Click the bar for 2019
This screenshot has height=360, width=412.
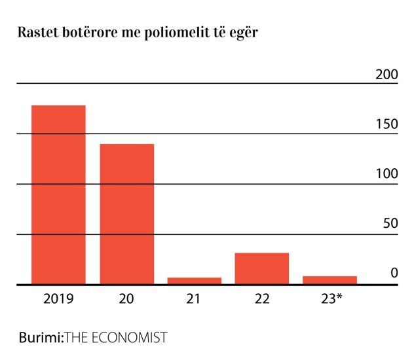pyautogui.click(x=58, y=194)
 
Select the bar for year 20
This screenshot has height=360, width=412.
pyautogui.click(x=126, y=213)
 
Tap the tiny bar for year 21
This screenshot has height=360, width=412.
pyautogui.click(x=194, y=281)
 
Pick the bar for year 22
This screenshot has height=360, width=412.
pyautogui.click(x=261, y=268)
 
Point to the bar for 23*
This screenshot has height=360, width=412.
pyautogui.click(x=329, y=280)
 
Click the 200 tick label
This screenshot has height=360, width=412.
pyautogui.click(x=386, y=74)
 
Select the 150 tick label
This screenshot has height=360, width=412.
pyautogui.click(x=386, y=124)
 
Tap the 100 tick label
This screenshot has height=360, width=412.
pyautogui.click(x=386, y=174)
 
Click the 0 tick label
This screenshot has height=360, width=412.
pyautogui.click(x=394, y=272)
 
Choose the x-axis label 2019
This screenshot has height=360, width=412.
pyautogui.click(x=58, y=300)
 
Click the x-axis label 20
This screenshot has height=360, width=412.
pyautogui.click(x=126, y=300)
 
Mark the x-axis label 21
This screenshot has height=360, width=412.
pyautogui.click(x=194, y=300)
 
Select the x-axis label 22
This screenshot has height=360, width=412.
pyautogui.click(x=261, y=300)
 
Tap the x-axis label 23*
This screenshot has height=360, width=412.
pyautogui.click(x=331, y=300)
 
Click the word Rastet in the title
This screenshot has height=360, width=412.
pyautogui.click(x=37, y=33)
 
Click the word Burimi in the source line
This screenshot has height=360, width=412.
pyautogui.click(x=39, y=338)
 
